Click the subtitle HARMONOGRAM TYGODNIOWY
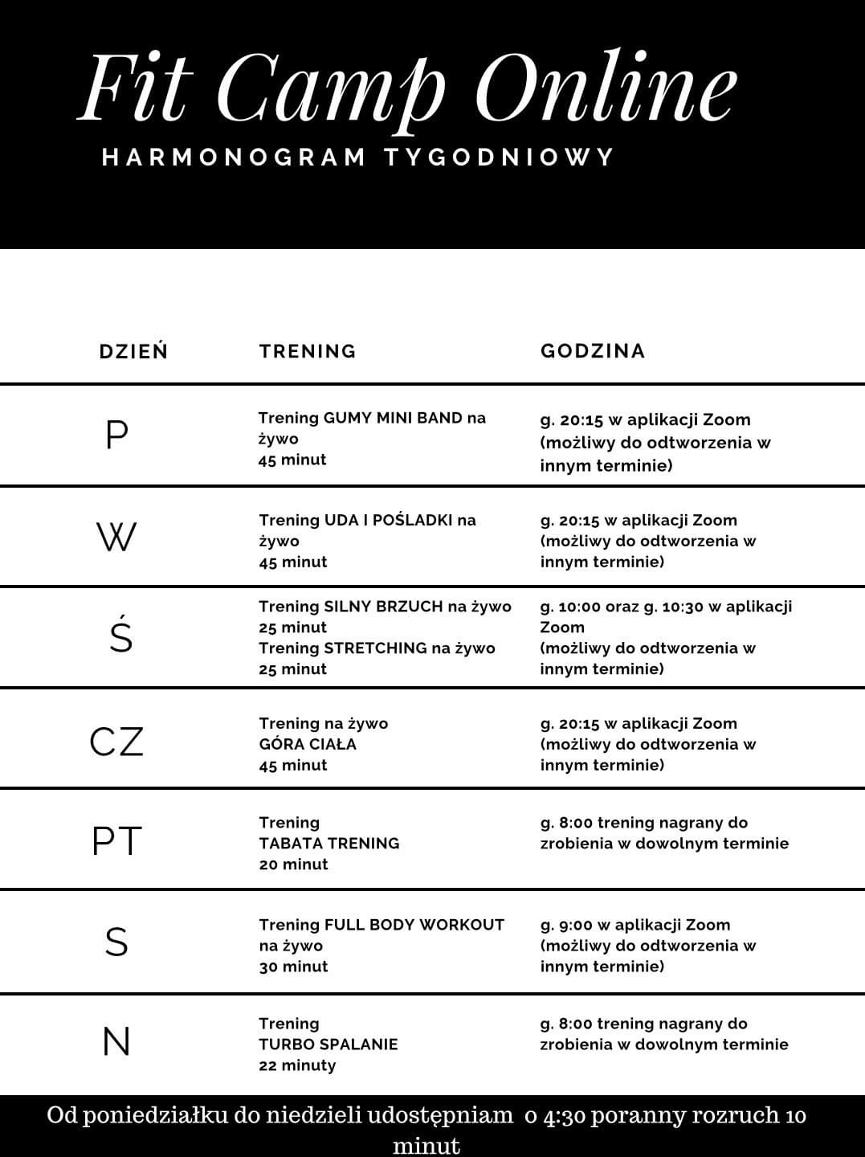point(358,156)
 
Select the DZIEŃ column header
point(133,351)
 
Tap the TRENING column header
point(308,351)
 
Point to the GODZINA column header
point(593,351)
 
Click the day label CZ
point(116,742)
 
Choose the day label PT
point(116,841)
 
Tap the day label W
point(116,537)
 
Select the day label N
point(116,1042)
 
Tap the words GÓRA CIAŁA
point(308,744)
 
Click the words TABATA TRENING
point(329,844)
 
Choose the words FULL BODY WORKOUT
point(414,925)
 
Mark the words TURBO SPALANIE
point(328,1045)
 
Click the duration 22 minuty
point(297,1065)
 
